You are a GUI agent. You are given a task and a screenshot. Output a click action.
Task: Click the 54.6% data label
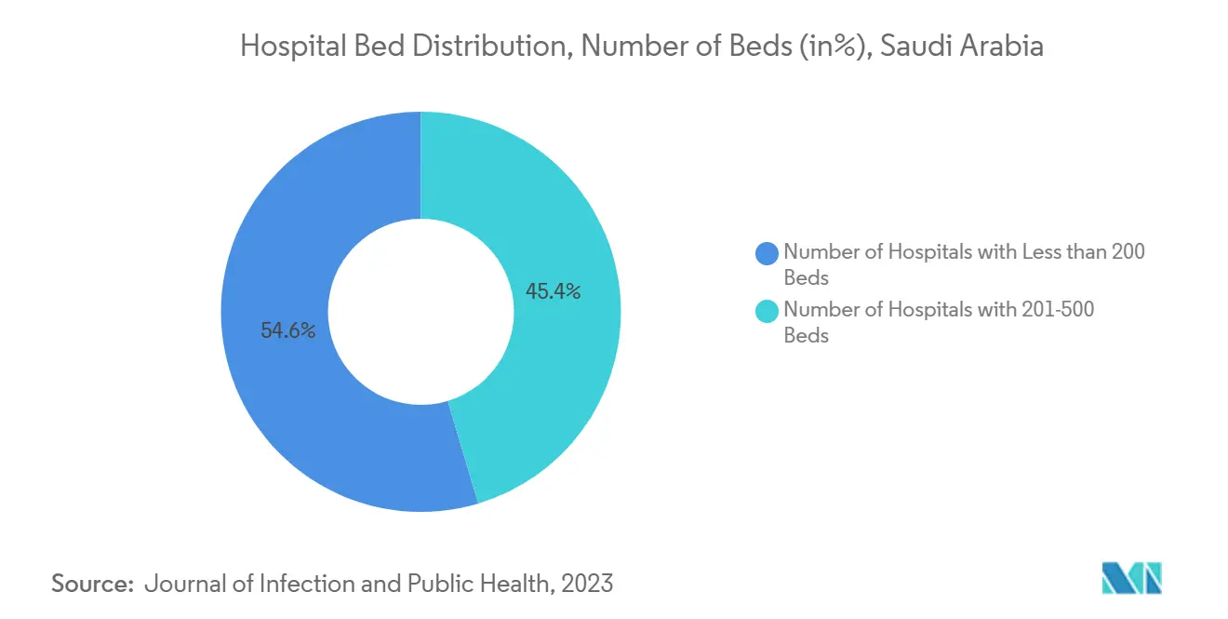[x=287, y=330]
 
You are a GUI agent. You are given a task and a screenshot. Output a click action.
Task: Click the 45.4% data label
[x=553, y=291]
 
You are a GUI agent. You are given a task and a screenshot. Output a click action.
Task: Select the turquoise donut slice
[x=558, y=372]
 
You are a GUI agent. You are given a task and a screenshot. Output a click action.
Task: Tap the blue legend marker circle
[x=767, y=251]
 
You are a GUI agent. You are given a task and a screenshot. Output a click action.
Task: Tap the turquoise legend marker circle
[x=767, y=311]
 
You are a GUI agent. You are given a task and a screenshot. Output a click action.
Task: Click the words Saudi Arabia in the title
[x=962, y=47]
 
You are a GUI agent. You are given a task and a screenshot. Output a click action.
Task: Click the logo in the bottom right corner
[x=1131, y=578]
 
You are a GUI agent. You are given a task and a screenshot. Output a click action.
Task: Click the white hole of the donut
[x=420, y=311]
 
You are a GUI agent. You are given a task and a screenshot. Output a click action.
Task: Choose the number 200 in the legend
[x=1127, y=251]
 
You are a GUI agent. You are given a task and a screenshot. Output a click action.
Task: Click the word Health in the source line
[x=510, y=584]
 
